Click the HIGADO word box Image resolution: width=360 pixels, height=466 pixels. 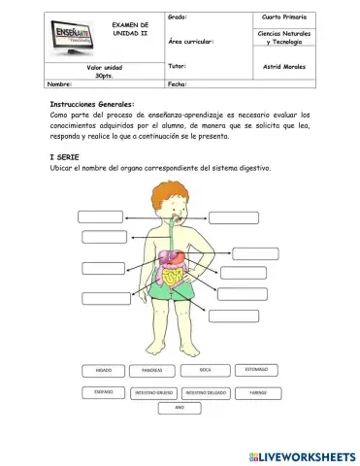pos(104,371)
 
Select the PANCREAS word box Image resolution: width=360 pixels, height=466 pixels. pos(152,371)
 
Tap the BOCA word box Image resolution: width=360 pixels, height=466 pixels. pos(205,370)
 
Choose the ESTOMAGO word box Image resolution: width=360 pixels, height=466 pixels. pos(256,370)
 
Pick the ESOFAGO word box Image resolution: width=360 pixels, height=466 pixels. pos(104,392)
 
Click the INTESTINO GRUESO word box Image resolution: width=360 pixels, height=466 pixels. pos(152,393)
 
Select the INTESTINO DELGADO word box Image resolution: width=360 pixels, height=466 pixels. pos(205,393)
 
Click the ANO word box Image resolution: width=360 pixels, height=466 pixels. pos(180,408)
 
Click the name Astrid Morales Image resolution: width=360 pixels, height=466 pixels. pos(283,67)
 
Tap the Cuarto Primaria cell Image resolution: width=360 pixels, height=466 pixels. pos(283,17)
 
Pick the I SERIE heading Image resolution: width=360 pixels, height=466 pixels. pos(64,157)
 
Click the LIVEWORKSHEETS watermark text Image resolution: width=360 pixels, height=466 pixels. pos(302,455)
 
